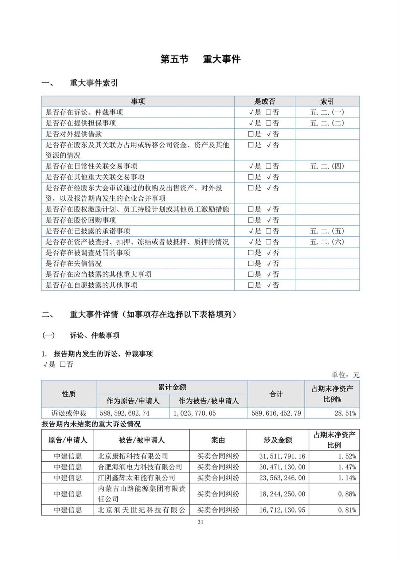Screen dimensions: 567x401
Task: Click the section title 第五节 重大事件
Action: (200, 59)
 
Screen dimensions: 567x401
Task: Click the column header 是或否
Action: (265, 102)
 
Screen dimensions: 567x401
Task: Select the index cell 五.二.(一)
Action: (327, 112)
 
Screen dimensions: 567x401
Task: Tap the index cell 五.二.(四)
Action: (327, 166)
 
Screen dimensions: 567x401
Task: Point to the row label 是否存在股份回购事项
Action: (81, 220)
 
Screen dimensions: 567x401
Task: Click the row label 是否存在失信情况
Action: (74, 264)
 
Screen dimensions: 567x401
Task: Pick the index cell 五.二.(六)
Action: (327, 242)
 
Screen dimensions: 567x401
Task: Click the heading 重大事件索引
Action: (94, 83)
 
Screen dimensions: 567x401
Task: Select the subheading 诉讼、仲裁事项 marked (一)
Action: (95, 335)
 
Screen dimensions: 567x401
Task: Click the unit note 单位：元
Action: (345, 375)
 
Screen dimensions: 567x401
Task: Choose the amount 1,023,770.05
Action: (194, 413)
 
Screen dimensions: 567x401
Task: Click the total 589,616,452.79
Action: (276, 413)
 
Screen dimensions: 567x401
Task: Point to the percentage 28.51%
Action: (345, 413)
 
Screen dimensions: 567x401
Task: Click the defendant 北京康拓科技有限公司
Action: (133, 456)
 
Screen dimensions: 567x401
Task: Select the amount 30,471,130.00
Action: (282, 467)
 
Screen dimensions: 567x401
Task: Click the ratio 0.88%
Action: (347, 494)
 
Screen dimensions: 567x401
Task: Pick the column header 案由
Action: (218, 440)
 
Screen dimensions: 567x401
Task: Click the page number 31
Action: (200, 522)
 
